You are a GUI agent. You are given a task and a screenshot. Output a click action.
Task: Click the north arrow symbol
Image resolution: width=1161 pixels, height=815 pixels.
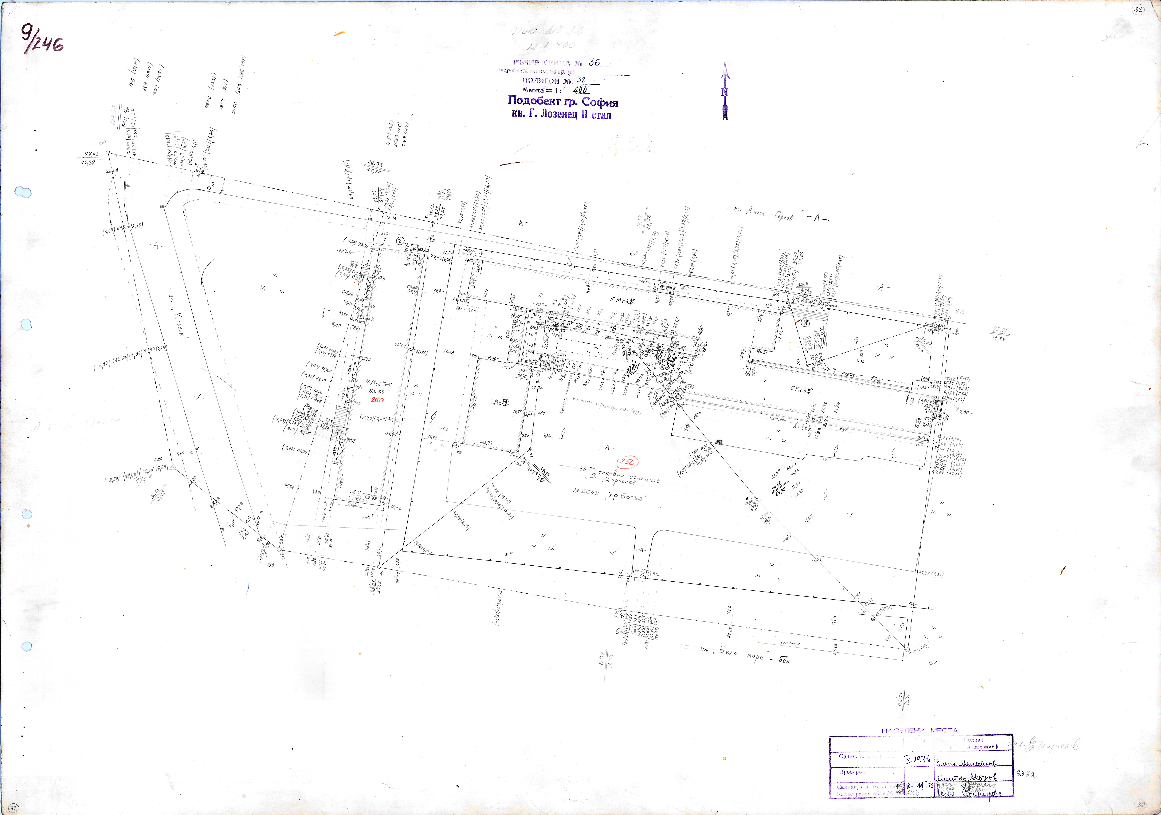tap(725, 91)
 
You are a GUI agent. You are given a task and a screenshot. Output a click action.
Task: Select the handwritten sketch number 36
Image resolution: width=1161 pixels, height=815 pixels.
tap(594, 62)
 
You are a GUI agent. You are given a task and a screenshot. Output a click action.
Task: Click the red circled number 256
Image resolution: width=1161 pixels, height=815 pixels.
tap(627, 461)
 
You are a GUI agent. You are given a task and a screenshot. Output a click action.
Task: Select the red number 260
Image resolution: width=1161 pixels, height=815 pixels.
tap(377, 400)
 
